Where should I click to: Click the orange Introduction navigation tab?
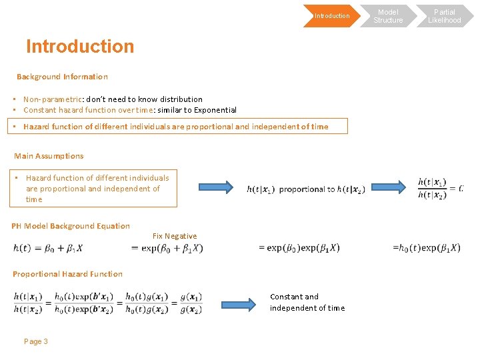click(331, 16)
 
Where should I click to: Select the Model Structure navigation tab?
click(388, 16)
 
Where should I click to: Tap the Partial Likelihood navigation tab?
click(444, 16)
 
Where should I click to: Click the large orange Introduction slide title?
click(80, 47)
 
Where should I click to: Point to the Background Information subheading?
click(62, 77)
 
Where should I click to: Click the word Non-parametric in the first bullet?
click(52, 99)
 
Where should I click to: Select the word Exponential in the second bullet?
click(213, 110)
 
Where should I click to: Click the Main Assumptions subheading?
click(49, 156)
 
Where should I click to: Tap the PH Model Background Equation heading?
click(71, 226)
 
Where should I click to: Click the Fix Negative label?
click(175, 236)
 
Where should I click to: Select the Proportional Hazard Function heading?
click(67, 274)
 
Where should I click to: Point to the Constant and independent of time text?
click(307, 302)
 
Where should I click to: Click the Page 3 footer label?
click(36, 341)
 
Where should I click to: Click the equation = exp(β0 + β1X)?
click(167, 248)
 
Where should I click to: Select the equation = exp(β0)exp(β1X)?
click(299, 248)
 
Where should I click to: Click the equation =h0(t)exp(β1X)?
click(426, 248)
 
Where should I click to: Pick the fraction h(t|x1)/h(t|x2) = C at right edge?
click(439, 188)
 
